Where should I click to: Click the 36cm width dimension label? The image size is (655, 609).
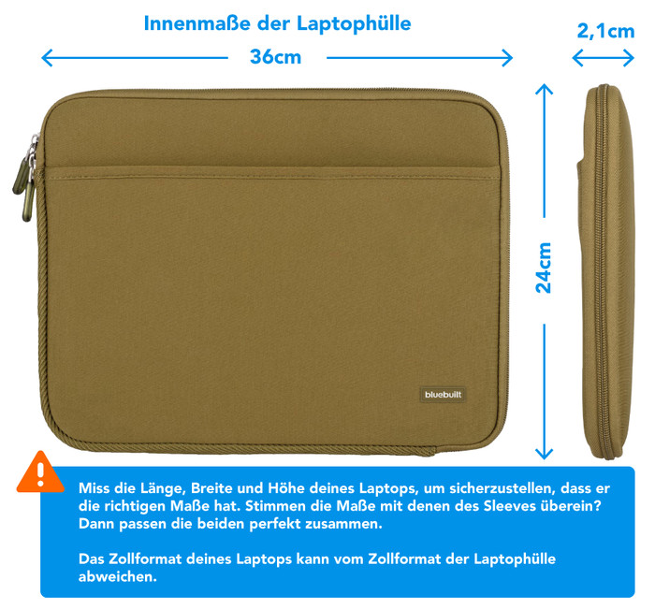(275, 57)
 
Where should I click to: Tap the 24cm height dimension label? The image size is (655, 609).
(544, 268)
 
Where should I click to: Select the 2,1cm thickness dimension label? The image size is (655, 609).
(605, 31)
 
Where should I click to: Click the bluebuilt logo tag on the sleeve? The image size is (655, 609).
(443, 395)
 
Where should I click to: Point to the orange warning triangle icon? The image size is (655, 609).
(40, 472)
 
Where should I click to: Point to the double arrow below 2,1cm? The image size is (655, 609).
(604, 59)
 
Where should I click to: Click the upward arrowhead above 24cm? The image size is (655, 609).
(544, 88)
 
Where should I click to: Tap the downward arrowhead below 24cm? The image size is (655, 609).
(544, 454)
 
